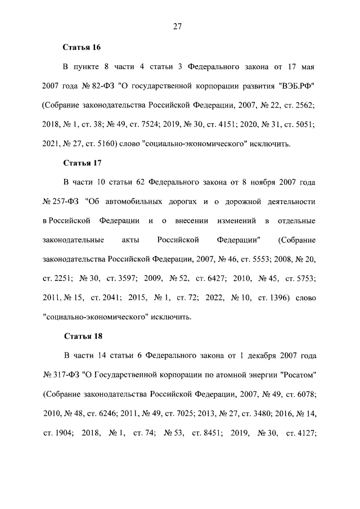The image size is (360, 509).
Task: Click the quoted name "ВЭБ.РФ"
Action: click(297, 86)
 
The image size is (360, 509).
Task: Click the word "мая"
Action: click(307, 67)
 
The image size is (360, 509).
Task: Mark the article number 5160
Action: click(103, 144)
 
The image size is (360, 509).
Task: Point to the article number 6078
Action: click(304, 394)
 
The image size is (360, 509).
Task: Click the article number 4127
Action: click(304, 432)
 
